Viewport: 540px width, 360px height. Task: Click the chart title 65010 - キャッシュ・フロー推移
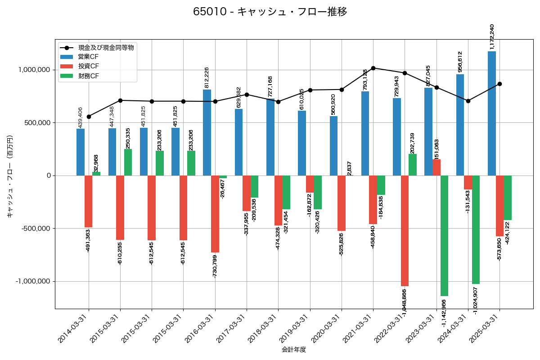[x=270, y=12]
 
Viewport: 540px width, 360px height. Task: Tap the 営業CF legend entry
[x=88, y=57]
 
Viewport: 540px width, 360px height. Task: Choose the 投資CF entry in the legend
[x=88, y=66]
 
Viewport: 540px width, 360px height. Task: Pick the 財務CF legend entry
[x=88, y=76]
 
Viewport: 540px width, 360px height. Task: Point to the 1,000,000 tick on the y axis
[x=34, y=70]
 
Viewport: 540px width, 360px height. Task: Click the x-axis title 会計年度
[x=294, y=350]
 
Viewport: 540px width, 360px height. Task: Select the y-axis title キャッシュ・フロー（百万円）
[x=10, y=175]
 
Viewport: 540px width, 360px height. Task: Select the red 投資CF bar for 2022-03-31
[x=405, y=230]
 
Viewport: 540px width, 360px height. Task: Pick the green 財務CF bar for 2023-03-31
[x=444, y=235]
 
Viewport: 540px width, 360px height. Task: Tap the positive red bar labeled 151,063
[x=436, y=167]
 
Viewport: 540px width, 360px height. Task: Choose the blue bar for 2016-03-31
[x=207, y=132]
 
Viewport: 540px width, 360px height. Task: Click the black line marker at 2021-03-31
[x=373, y=68]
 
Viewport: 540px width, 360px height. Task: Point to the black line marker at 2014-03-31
[x=89, y=117]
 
